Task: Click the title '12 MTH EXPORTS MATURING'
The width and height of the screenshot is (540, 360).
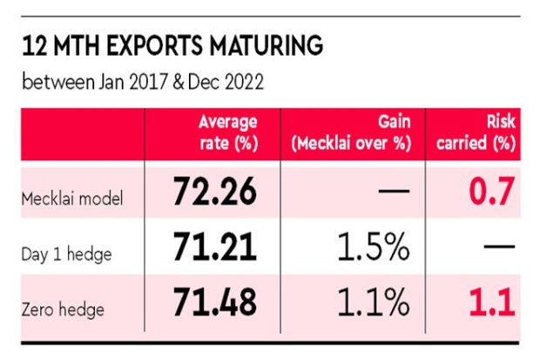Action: (172, 45)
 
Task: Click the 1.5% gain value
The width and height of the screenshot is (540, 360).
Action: (374, 249)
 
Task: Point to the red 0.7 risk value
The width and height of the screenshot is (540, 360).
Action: (493, 192)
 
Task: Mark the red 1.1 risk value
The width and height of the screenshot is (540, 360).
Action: (493, 302)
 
